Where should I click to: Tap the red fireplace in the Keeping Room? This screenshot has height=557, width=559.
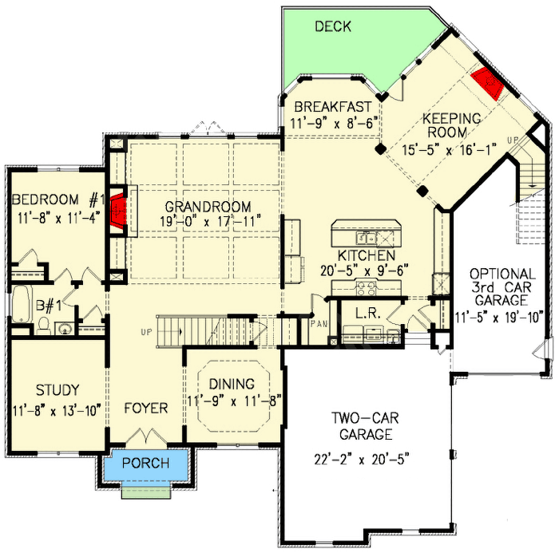click(485, 82)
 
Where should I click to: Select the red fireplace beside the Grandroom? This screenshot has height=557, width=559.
click(118, 210)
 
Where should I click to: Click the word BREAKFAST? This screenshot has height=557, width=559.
click(332, 106)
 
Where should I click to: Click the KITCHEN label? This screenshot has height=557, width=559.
click(366, 255)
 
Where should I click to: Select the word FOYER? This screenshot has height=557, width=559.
click(146, 409)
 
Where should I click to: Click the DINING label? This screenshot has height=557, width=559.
click(233, 384)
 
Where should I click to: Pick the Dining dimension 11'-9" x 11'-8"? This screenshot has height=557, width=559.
click(233, 401)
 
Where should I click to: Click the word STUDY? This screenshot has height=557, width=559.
click(57, 390)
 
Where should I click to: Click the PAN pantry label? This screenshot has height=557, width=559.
click(319, 325)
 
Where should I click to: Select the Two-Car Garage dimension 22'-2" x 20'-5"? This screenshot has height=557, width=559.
click(364, 460)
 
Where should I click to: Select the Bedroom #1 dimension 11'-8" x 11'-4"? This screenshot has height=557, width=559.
click(54, 217)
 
